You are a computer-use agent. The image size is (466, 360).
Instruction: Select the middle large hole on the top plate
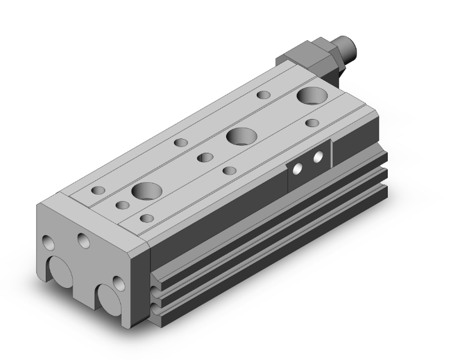pyautogui.click(x=238, y=135)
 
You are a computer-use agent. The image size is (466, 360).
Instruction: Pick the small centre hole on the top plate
pyautogui.click(x=204, y=157)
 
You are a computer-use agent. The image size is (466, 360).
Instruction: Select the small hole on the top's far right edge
pyautogui.click(x=311, y=123)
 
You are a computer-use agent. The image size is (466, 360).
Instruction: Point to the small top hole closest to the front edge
pyautogui.click(x=147, y=218)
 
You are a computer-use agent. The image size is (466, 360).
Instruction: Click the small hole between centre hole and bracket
pyautogui.click(x=229, y=170)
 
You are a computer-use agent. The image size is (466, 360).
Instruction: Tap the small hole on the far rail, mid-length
pyautogui.click(x=181, y=142)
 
